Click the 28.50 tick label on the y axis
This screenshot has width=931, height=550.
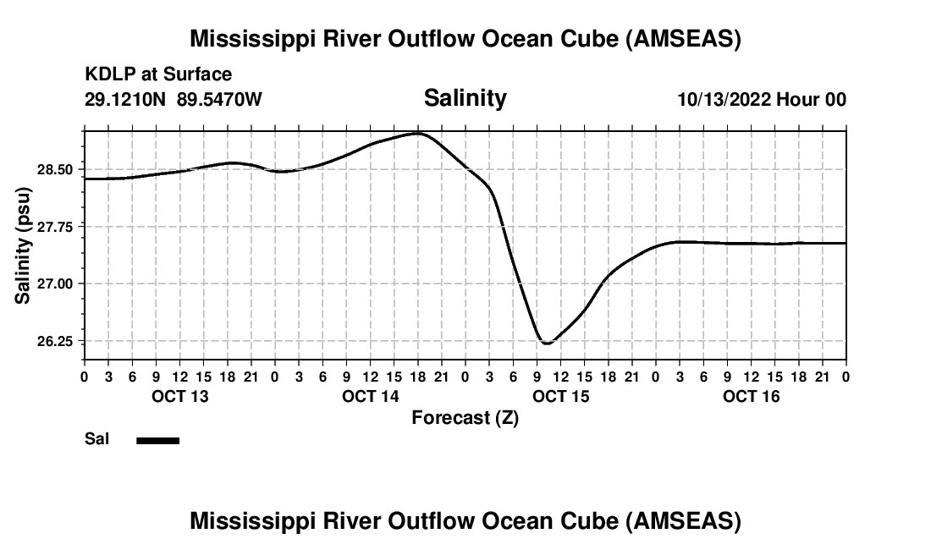coord(59,169)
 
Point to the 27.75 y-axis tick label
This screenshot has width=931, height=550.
coord(59,227)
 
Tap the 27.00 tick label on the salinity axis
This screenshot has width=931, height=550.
coord(59,283)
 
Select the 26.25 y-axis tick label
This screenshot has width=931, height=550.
coord(59,341)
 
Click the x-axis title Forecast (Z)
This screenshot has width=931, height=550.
coord(465,417)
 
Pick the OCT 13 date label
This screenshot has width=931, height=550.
coord(179,396)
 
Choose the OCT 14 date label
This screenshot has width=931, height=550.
coord(370,396)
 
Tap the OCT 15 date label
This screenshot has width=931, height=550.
coord(560,396)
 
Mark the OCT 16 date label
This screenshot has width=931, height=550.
coord(751,396)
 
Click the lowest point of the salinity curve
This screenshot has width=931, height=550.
coord(547,343)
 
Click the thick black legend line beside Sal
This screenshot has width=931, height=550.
coord(157,440)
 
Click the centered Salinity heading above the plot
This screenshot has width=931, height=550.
coord(465,97)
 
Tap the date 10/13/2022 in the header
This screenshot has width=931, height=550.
coord(723,99)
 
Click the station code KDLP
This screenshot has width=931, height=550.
coord(105,75)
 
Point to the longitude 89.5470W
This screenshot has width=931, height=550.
coord(219,99)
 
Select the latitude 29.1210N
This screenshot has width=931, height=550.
coord(126,99)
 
